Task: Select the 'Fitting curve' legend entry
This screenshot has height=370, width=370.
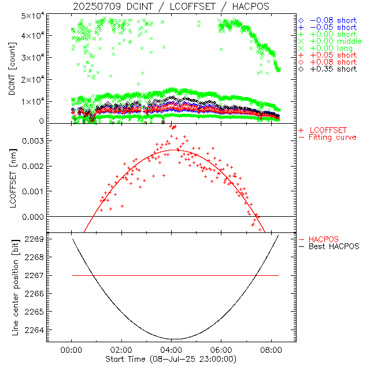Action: pos(332,137)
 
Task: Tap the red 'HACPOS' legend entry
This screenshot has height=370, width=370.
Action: pos(324,239)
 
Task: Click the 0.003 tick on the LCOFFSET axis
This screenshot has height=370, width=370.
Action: pos(34,140)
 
